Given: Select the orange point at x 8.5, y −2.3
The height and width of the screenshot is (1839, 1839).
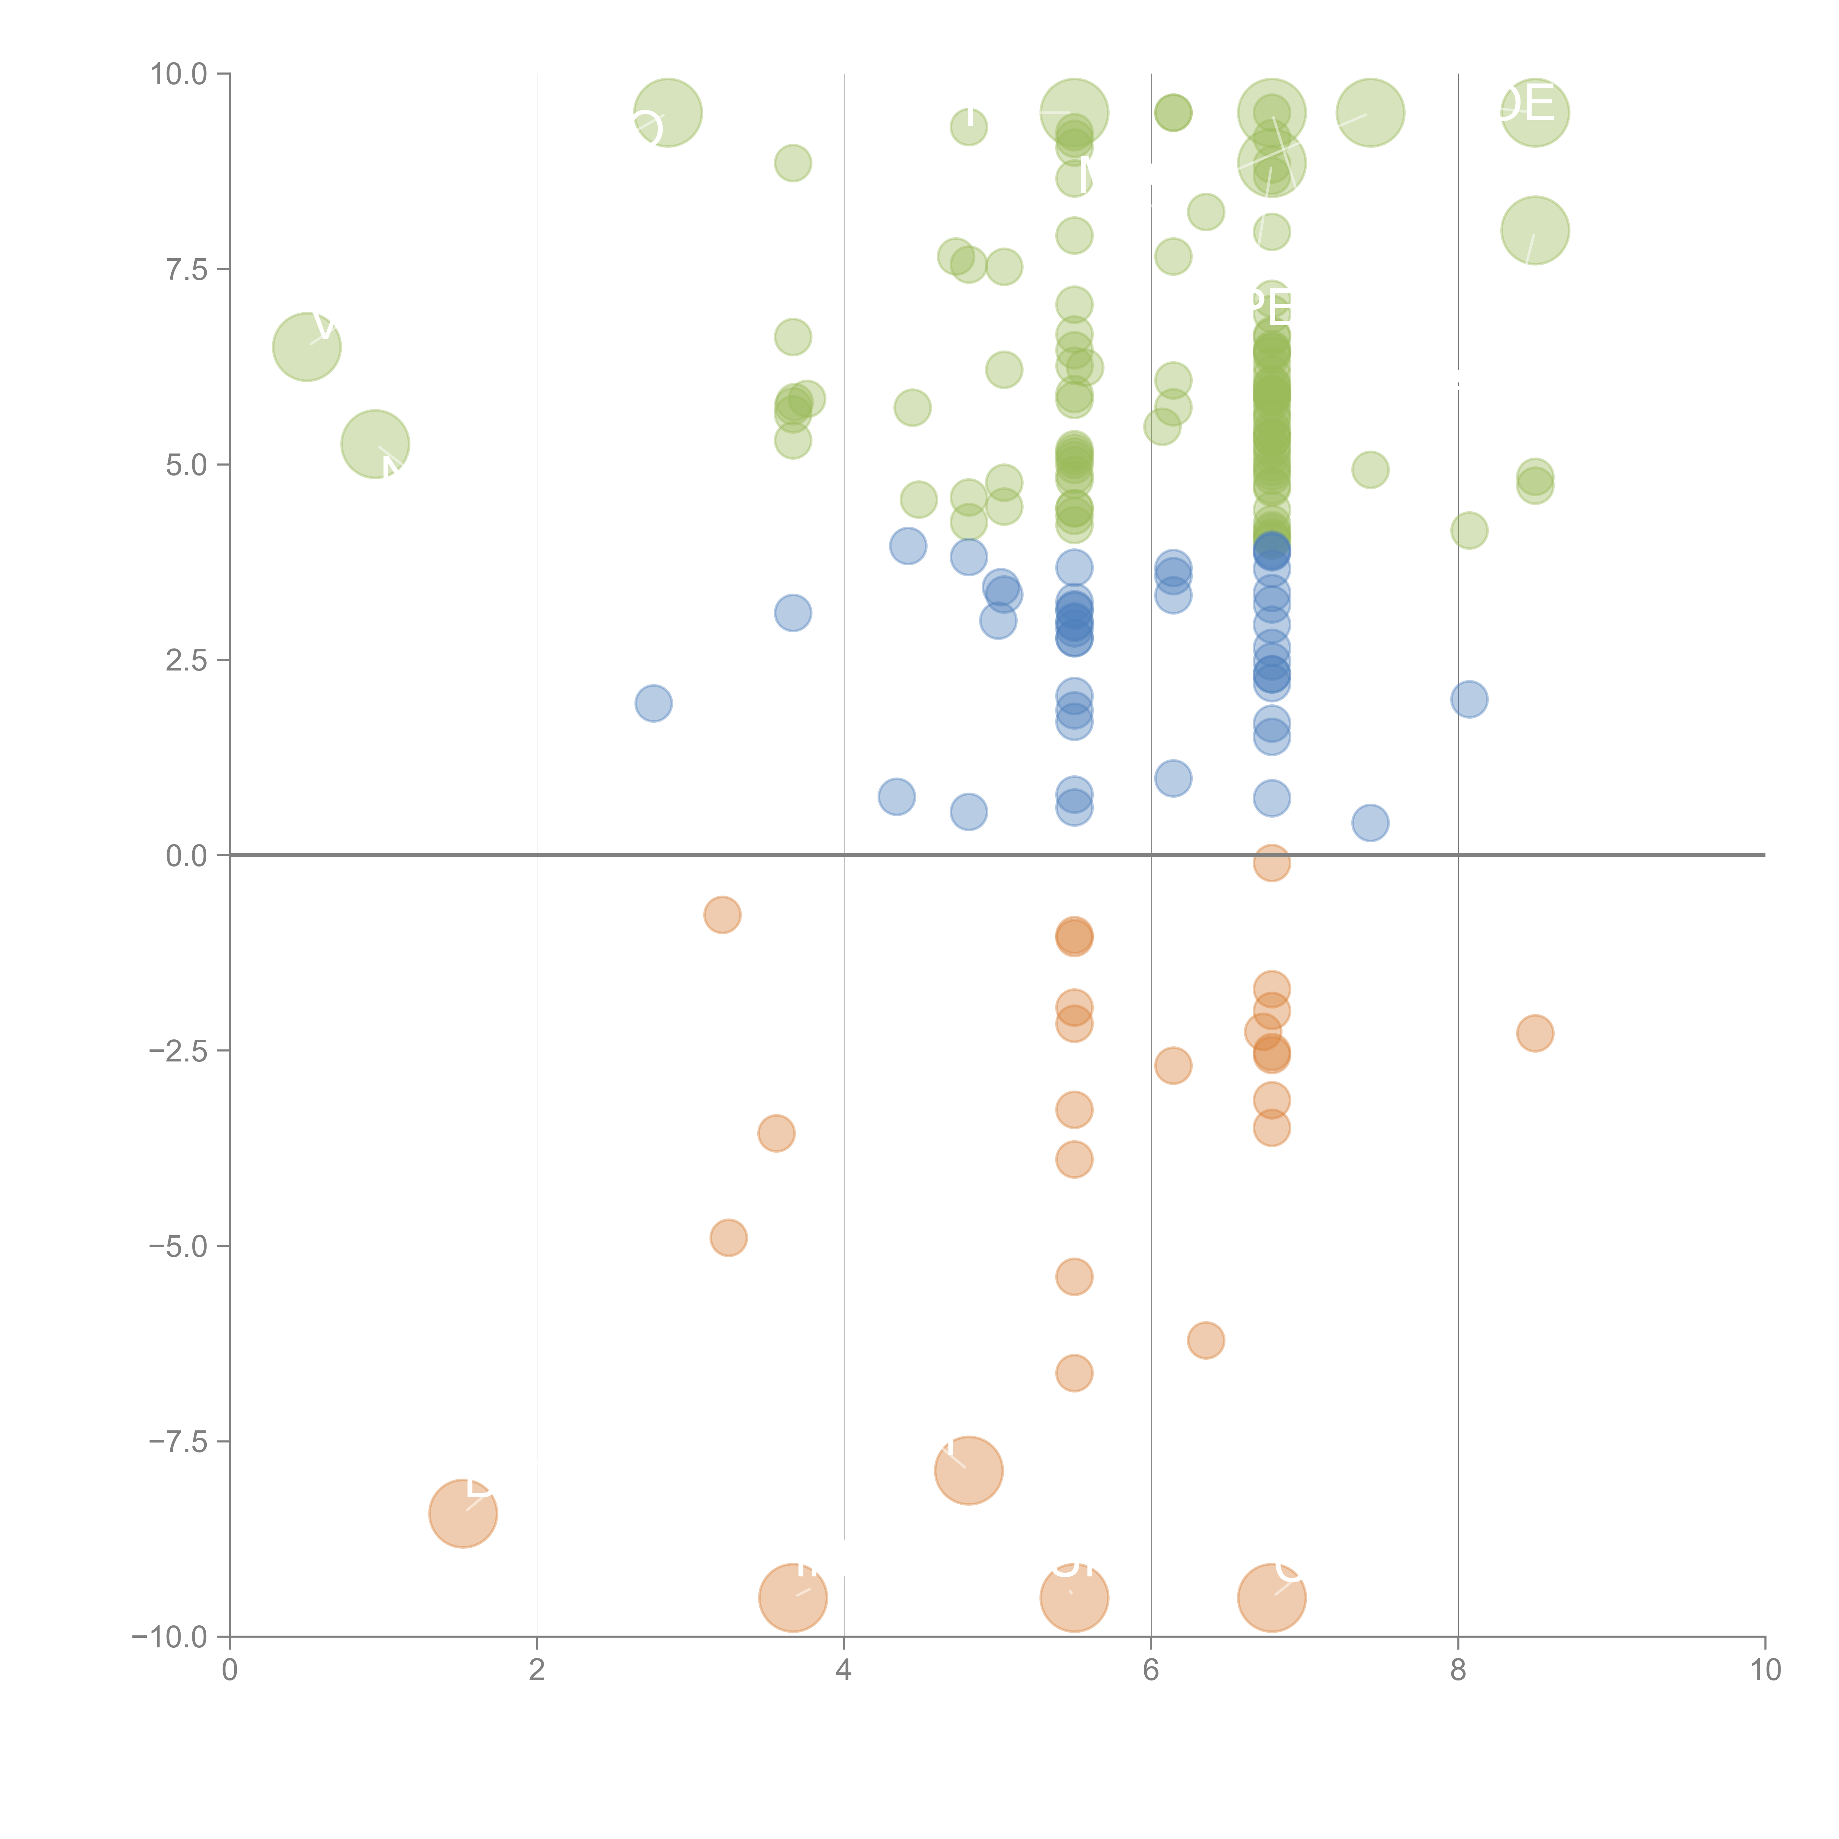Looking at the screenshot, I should click(x=1534, y=1033).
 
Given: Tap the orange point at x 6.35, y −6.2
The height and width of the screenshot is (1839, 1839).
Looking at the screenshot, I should click(x=1205, y=1340).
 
